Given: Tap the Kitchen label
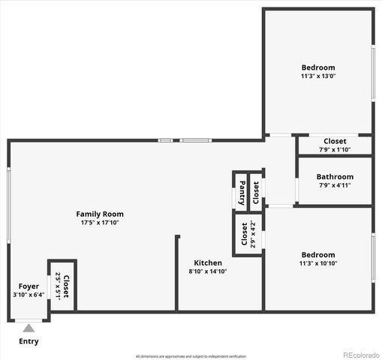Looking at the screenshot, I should [208, 262].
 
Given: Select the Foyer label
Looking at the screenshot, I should [29, 286].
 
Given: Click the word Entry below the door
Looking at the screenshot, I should [29, 342].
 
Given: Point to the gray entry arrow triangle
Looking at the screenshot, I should [29, 327].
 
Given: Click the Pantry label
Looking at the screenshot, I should [242, 192].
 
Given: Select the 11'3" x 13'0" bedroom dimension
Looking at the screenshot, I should [318, 76].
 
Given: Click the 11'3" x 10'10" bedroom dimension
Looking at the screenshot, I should [318, 264].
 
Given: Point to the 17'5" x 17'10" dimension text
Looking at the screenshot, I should [101, 223].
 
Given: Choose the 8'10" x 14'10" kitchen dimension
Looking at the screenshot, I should [207, 271].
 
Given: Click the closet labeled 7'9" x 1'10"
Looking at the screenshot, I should [335, 145].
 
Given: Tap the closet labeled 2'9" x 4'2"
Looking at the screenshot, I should [247, 234].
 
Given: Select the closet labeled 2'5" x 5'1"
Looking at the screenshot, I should [62, 286].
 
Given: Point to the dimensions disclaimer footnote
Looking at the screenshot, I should [191, 355].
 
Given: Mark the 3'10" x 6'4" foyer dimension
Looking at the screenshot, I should [29, 295].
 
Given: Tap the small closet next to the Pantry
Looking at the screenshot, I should [256, 192].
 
